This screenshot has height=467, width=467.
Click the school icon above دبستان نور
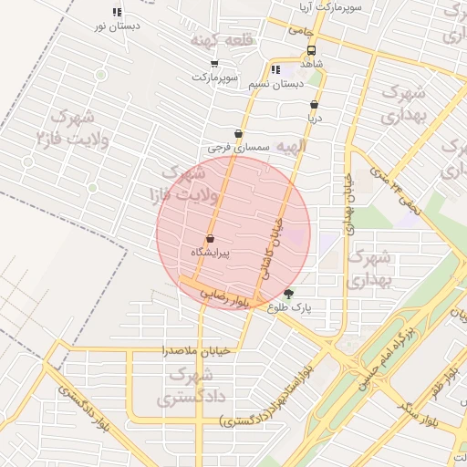pos(117,13)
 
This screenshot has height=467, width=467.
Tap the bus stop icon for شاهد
pos(312,51)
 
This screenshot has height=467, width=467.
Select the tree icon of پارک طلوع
pos(289,294)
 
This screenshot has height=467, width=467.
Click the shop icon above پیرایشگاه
pos(211,239)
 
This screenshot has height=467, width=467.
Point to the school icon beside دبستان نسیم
pos(275,69)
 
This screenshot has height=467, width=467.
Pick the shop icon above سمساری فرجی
pos(238,133)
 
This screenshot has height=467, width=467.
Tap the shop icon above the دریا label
pos(315,105)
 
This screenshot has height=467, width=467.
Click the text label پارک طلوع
pos(290,308)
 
